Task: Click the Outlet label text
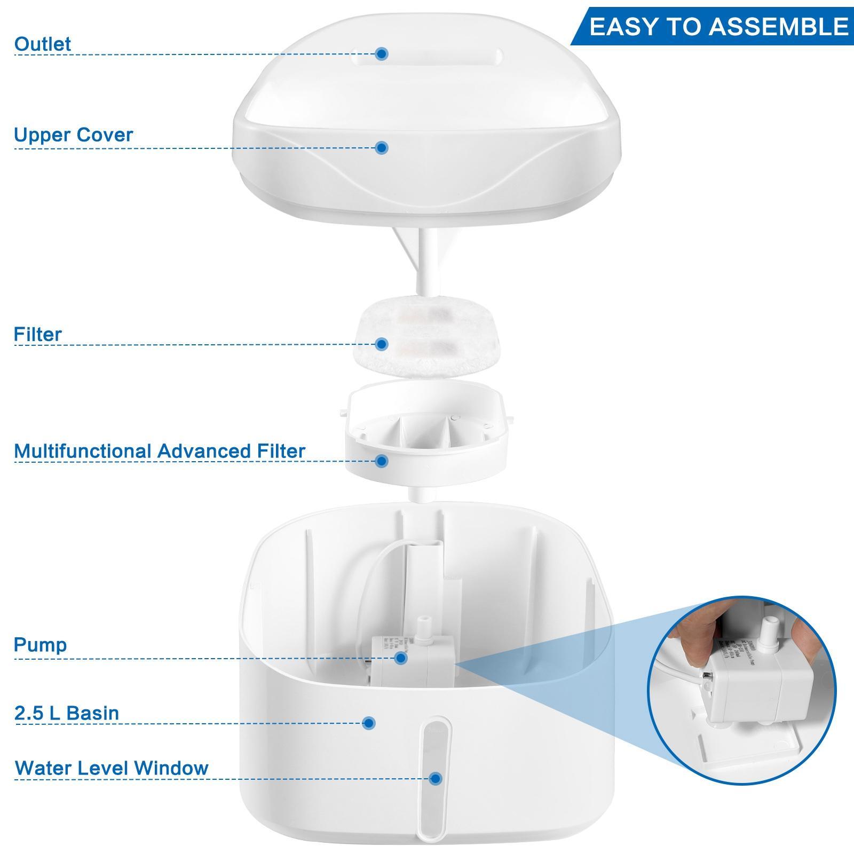click(43, 44)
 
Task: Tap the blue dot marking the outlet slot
click(381, 53)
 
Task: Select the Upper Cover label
click(73, 135)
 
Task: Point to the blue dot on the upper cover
click(381, 148)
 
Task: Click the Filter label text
click(38, 335)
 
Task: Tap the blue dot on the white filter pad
click(381, 344)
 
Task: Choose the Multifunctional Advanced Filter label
click(159, 451)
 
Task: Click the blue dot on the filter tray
click(381, 461)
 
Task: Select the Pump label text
click(40, 645)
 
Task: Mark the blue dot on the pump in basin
click(401, 658)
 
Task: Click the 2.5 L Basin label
click(67, 713)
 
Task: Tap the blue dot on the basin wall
click(368, 723)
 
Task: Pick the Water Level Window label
click(112, 768)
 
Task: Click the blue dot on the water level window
click(436, 778)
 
